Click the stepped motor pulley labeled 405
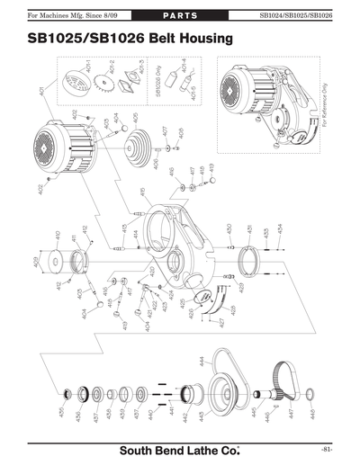pyautogui.click(x=138, y=144)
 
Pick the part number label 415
pyautogui.click(x=142, y=192)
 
